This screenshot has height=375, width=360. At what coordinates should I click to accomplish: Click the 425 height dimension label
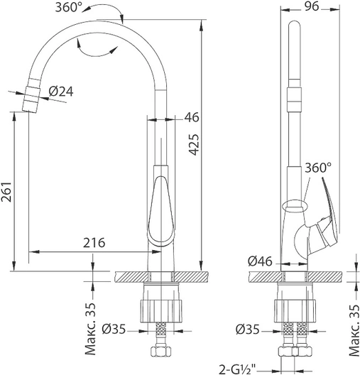coord(192,144)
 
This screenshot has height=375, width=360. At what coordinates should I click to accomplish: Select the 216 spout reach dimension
coord(94,243)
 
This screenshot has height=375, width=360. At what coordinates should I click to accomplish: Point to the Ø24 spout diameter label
coord(61,92)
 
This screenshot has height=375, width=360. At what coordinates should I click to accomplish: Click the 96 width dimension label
coord(312,6)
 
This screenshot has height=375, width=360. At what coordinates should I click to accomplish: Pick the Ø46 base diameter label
coord(260,261)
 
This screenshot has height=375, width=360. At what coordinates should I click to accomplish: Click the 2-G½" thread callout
coord(237,369)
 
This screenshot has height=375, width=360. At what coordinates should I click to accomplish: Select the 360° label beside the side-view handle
coord(318,168)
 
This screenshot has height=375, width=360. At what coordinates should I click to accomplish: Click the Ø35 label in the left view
coord(114,329)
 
